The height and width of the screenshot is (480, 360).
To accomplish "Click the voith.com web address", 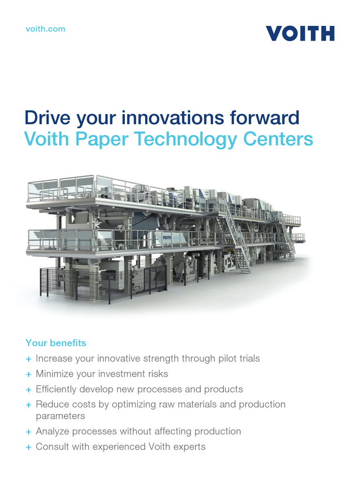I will click(46, 29).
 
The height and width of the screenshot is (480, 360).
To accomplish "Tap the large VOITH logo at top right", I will click(300, 34).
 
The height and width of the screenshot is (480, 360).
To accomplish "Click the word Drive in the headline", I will click(48, 119).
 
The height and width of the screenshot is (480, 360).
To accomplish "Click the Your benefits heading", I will click(56, 343).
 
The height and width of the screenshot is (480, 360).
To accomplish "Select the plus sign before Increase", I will click(28, 359).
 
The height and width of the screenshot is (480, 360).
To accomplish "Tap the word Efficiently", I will click(60, 389).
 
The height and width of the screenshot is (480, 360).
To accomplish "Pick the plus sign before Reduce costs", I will click(28, 405).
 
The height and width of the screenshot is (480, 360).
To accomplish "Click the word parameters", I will click(60, 416).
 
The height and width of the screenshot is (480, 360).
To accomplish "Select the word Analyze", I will click(54, 432).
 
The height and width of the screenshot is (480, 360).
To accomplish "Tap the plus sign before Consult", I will click(28, 447).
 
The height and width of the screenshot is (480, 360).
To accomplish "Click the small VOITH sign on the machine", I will click(166, 238).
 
